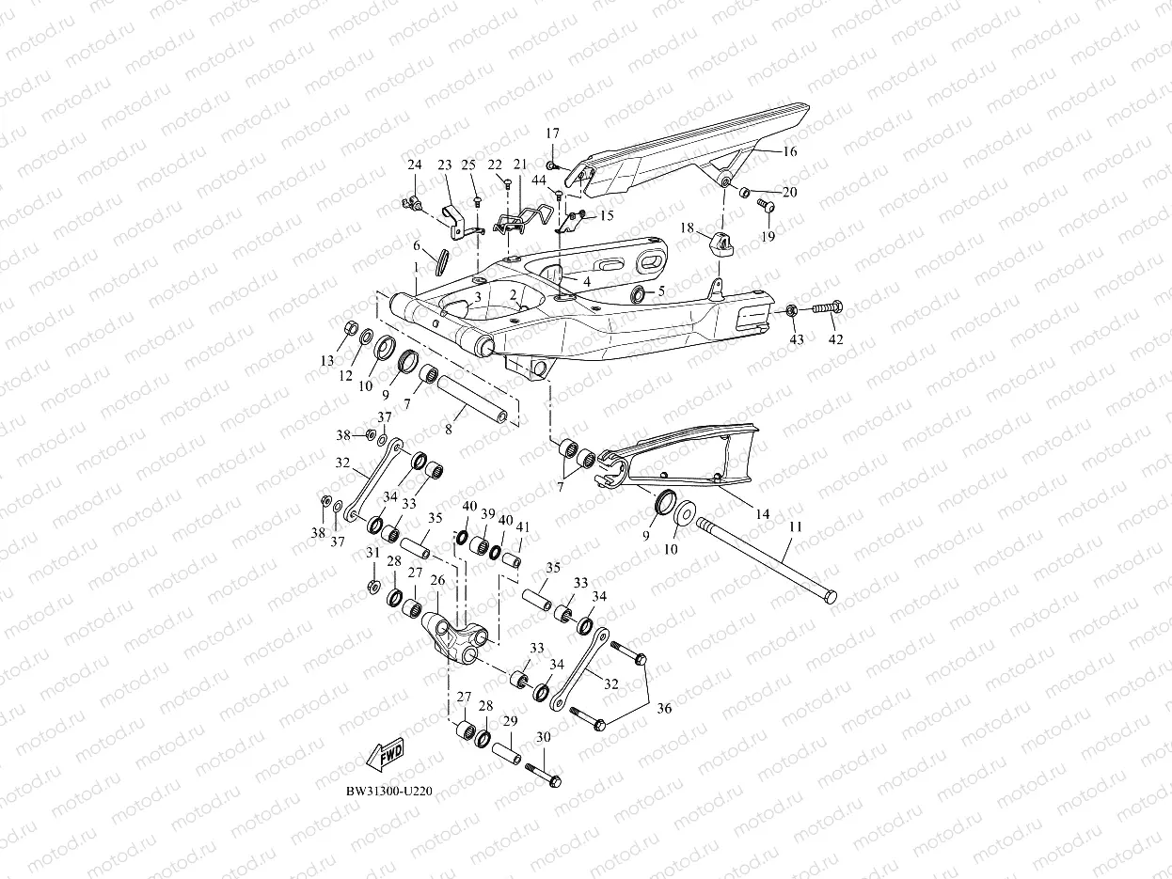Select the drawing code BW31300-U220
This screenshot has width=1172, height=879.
[x=388, y=793]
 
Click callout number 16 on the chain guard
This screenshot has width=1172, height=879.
[x=789, y=151]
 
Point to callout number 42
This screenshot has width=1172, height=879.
[x=836, y=338]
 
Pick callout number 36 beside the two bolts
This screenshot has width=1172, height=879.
[x=664, y=709]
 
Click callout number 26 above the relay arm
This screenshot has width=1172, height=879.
[x=437, y=580]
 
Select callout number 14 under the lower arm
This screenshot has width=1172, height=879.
[x=762, y=514]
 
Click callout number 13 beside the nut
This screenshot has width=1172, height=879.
[x=327, y=361]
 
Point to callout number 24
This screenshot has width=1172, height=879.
[x=414, y=165]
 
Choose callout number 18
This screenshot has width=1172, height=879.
[x=687, y=228]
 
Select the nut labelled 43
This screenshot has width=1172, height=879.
[x=792, y=310]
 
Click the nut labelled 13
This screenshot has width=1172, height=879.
[x=347, y=327]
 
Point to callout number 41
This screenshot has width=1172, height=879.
[x=523, y=527]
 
